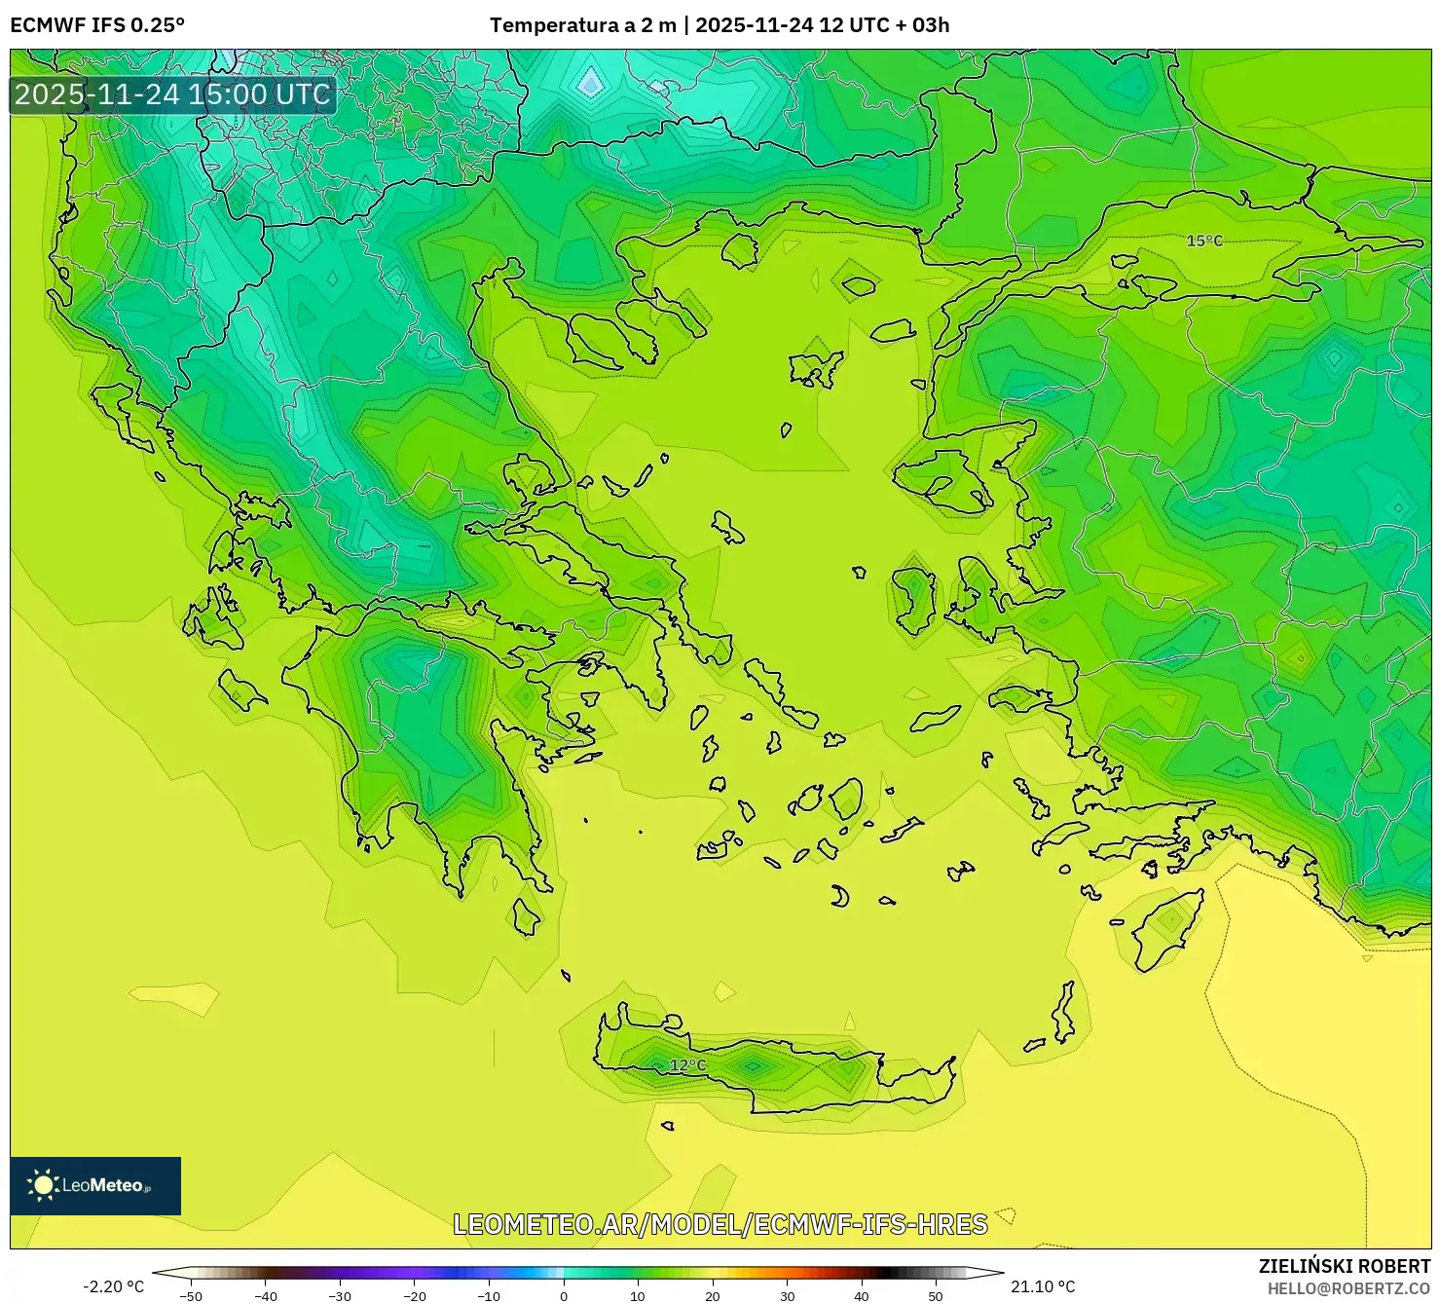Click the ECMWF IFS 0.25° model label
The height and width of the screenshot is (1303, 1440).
point(97,25)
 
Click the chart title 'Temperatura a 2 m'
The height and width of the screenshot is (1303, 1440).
point(582,25)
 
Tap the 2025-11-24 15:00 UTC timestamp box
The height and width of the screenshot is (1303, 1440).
point(172,95)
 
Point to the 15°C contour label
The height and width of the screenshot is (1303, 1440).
point(1204,241)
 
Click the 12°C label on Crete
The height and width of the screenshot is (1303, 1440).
point(687,1065)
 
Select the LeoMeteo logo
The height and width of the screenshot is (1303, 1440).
point(95,1185)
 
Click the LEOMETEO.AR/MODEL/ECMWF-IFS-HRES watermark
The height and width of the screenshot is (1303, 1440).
point(720,1224)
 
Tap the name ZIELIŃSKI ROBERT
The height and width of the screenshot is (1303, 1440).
point(1345,1266)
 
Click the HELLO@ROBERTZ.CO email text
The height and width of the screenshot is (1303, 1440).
point(1348,1288)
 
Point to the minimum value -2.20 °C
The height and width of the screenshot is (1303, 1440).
point(113,1286)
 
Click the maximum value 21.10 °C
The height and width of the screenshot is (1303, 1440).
point(1043,1286)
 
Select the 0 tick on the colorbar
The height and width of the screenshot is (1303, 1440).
point(564,1295)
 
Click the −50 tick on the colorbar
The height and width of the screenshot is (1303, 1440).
point(191,1295)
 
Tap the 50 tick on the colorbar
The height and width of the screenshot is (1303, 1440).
point(936,1295)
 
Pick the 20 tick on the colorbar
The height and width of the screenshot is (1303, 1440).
point(713,1295)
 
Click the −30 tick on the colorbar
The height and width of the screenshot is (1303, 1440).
point(340,1295)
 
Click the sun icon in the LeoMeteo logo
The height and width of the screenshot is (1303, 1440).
point(43,1185)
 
